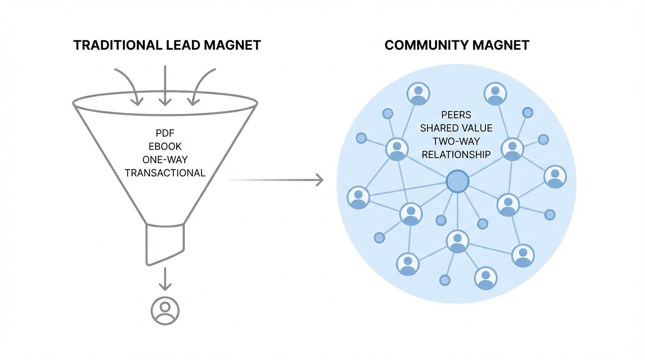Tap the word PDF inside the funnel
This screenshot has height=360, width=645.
pos(165,134)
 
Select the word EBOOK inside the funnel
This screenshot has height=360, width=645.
pos(165,146)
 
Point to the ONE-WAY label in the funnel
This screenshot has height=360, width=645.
pos(165,159)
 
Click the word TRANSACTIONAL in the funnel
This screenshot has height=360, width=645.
pos(165,172)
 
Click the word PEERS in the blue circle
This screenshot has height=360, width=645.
pos(456,115)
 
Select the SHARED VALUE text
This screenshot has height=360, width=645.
pos(456,128)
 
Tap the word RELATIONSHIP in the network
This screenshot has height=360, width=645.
pos(456,154)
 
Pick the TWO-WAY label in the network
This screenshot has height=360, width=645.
pos(456,141)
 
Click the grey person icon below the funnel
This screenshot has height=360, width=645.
pos(165,310)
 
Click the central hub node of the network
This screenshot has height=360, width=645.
pos(457,181)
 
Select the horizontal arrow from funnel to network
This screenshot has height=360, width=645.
pos(277,180)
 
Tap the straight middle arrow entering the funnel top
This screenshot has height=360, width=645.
pos(165,84)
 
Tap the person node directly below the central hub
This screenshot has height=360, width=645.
pos(457,241)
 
